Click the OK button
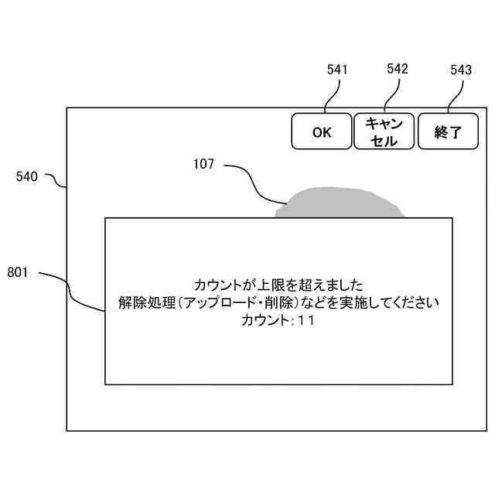322,131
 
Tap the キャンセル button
384,131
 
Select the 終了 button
448,131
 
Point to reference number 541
337,70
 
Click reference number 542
398,69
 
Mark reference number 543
461,70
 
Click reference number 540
27,176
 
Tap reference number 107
203,164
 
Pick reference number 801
17,272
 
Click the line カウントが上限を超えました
278,285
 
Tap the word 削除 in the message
273,302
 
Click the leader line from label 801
70,290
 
